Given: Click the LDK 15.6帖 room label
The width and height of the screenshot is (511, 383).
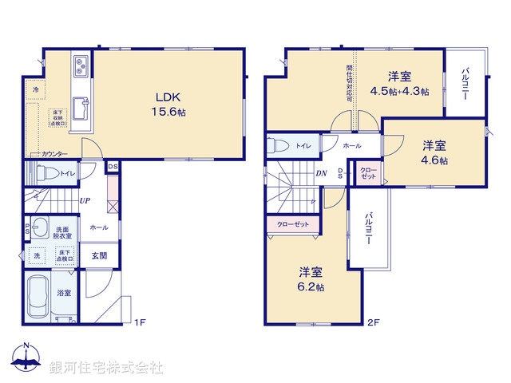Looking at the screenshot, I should [166, 102].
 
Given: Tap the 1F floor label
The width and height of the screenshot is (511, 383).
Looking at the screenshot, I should [139, 322].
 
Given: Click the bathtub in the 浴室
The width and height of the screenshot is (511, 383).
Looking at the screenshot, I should [38, 295].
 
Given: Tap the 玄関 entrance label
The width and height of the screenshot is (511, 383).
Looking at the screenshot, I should [99, 255].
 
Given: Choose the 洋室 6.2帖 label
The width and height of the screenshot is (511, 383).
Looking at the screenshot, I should [311, 279].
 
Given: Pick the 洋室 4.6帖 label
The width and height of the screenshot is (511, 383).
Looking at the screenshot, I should [434, 152].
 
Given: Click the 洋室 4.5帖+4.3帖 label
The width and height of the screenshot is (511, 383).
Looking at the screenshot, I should [400, 83].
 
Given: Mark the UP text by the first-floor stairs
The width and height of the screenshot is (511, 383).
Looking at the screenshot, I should [83, 200].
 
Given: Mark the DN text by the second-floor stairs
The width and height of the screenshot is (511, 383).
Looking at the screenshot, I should [320, 173].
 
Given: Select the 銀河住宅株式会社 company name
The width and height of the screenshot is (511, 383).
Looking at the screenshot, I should [106, 367].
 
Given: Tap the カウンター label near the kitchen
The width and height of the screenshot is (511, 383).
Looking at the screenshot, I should [54, 153].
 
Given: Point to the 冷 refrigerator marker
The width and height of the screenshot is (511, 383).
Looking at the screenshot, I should [36, 90].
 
